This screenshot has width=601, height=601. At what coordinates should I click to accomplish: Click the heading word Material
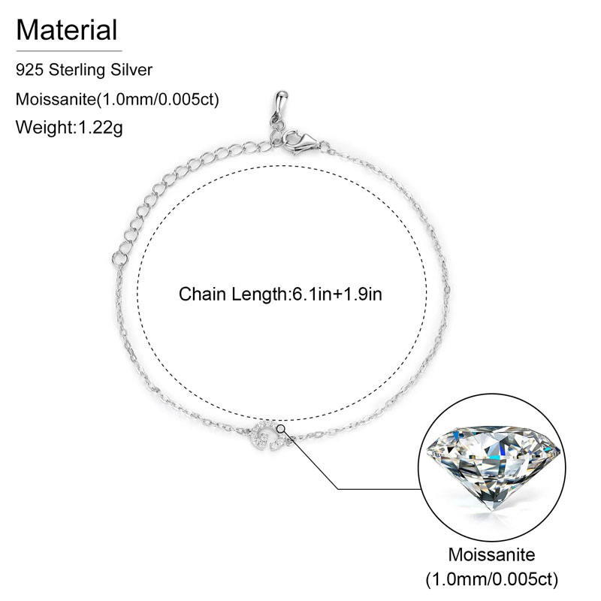[67, 30]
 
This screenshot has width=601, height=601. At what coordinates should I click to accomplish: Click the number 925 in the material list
[29, 70]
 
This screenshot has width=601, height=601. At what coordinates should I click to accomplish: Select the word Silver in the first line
[133, 70]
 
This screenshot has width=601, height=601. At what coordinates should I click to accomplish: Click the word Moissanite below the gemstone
[492, 557]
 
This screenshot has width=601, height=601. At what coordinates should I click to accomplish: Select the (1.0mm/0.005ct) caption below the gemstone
[492, 580]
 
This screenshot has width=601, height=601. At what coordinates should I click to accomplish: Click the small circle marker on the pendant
[280, 428]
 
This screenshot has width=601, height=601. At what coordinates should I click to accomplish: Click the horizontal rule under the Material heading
[68, 50]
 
